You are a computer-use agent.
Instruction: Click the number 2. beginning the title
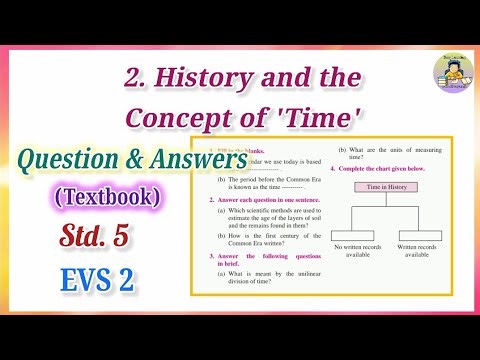pos(139,76)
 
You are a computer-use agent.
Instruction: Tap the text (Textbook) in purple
pos(102,197)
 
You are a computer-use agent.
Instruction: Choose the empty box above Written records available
pos(417,236)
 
